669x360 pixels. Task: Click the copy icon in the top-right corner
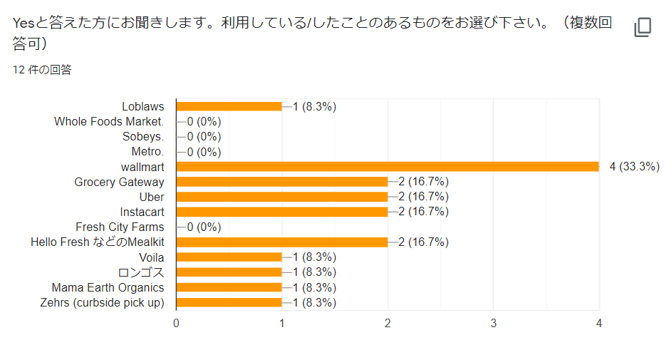(643, 28)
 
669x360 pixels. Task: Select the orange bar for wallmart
(387, 167)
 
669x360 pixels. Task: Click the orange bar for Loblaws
(229, 106)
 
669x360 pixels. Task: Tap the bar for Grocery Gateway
(281, 182)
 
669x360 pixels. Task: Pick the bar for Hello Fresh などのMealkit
(281, 242)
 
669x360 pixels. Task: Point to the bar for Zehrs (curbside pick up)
(229, 303)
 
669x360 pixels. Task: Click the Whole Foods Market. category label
(109, 122)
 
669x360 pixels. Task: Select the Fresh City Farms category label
(120, 227)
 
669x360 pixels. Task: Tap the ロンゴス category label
(141, 272)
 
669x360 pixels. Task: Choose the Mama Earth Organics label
(108, 288)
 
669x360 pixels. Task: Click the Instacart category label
(142, 212)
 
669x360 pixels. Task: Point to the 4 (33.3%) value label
(634, 167)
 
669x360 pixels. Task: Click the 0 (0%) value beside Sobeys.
(204, 137)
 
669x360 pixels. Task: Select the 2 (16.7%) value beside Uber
(423, 197)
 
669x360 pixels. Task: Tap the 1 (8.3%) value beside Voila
(314, 257)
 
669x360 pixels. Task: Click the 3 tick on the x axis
(494, 323)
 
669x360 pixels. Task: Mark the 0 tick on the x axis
(176, 323)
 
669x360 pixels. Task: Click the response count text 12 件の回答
(42, 70)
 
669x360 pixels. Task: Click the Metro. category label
(147, 152)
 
